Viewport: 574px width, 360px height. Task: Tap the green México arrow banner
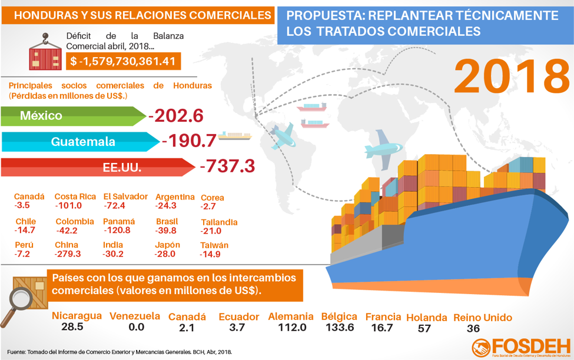point(71,116)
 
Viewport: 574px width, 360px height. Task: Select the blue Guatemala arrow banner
point(79,142)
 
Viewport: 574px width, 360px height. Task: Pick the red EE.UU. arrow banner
point(94,168)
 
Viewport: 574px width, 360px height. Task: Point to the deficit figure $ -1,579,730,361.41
point(123,61)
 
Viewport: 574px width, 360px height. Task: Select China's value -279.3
point(68,254)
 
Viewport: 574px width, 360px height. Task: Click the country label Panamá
point(119,222)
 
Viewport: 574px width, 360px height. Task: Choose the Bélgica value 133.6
point(338,327)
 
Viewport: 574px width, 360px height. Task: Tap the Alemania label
point(291,316)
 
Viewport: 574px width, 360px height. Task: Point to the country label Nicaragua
point(77,316)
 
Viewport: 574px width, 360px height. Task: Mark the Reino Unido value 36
point(473,328)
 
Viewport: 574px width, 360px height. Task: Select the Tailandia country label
point(219,222)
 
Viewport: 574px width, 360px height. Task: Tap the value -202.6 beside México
point(176,116)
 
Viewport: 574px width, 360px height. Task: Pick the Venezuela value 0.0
point(136,327)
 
